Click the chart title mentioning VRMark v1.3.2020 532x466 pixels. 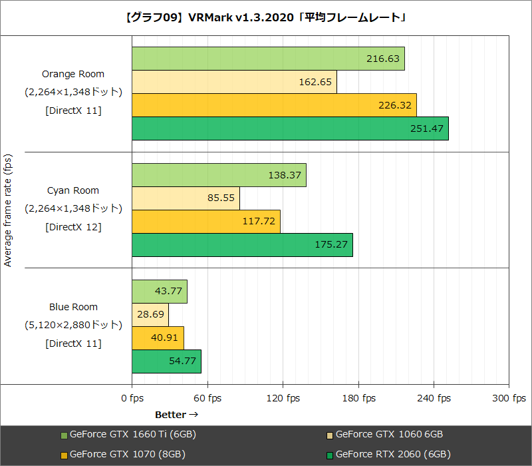[266, 18]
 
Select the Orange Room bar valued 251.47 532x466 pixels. [290, 128]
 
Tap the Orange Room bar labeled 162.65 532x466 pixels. [234, 82]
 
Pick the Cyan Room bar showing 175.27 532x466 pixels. [242, 245]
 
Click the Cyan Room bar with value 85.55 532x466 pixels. [186, 198]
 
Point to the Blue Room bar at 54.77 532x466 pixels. [166, 361]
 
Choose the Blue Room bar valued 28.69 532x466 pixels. [150, 315]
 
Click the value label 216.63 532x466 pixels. [383, 59]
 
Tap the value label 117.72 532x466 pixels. [259, 222]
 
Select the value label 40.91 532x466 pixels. [164, 338]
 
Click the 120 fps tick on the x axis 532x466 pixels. [283, 398]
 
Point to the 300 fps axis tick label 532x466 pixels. [509, 398]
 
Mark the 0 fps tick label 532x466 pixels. [132, 398]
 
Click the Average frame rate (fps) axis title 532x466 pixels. [8, 210]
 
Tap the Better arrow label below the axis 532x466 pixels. [177, 415]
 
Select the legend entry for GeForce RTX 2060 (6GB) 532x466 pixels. [392, 455]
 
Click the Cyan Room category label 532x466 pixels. [73, 191]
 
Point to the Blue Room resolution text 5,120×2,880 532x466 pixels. [73, 326]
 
